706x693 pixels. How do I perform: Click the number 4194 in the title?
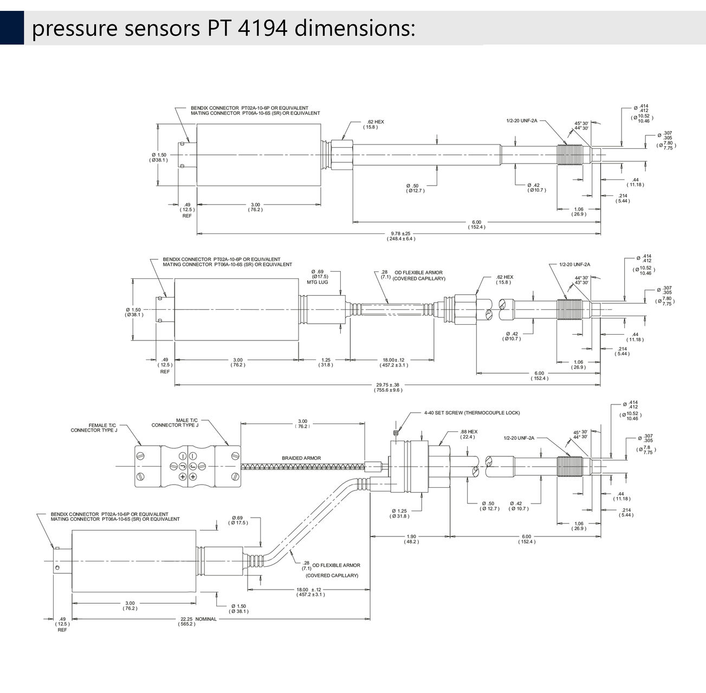(262, 28)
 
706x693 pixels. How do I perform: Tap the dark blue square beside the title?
(12, 28)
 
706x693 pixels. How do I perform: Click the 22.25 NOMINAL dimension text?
(198, 619)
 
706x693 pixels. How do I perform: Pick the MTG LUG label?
(318, 282)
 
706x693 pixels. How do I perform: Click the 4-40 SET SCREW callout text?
(472, 413)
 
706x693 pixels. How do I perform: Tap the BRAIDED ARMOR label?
(301, 458)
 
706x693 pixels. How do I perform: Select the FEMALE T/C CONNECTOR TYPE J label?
(94, 428)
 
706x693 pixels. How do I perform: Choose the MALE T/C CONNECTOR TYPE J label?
(175, 422)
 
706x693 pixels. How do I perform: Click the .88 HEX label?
(469, 434)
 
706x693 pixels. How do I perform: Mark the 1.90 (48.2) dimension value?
(411, 539)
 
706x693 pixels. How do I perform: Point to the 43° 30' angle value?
(581, 283)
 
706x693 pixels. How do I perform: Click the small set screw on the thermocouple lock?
(396, 434)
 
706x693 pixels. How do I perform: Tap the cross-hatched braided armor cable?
(303, 467)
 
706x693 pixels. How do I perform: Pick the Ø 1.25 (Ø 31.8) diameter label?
(399, 513)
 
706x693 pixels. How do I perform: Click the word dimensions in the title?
(354, 28)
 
